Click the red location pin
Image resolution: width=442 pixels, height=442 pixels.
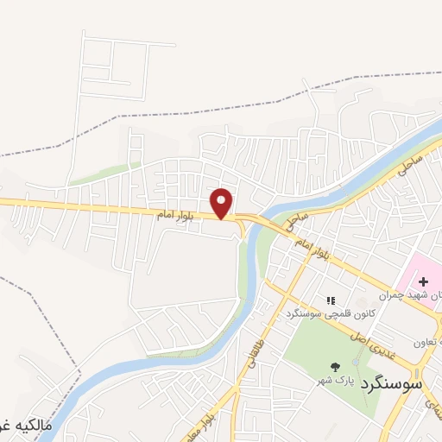[x=223, y=203]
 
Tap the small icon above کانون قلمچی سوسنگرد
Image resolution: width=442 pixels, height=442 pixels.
[x=330, y=300]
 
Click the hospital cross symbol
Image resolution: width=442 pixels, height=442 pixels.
[x=423, y=281]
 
